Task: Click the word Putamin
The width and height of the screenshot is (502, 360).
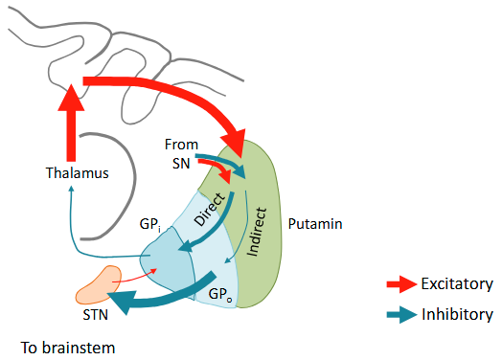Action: [314, 223]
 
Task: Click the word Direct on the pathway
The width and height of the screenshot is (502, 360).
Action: [210, 209]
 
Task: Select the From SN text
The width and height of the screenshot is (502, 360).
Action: [181, 152]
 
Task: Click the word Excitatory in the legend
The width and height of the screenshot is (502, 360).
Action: [457, 284]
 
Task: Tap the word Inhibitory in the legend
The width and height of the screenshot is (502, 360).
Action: [457, 314]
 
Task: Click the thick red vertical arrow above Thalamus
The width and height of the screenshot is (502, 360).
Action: [70, 124]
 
